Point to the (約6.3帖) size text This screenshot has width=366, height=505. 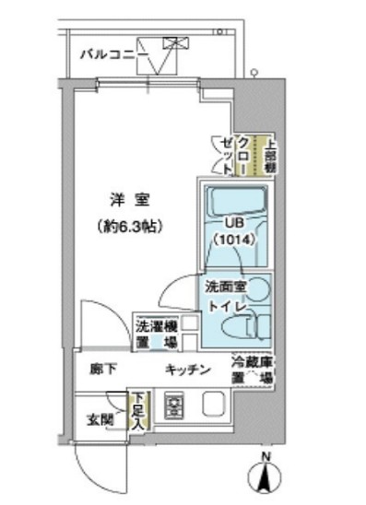pos(128,224)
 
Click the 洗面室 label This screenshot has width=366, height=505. pos(225,288)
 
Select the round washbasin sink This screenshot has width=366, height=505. pos(260,288)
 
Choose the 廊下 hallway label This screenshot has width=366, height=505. pos(102,369)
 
